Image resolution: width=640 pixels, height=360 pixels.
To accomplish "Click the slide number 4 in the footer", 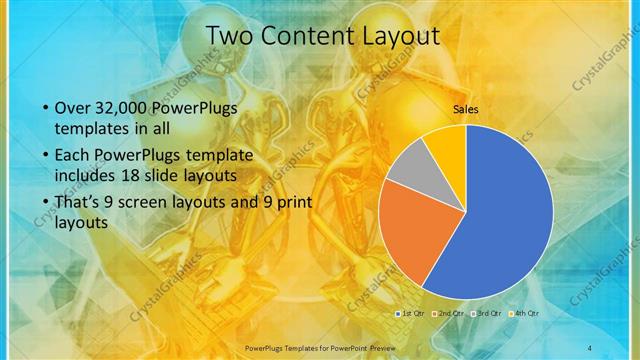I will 590,346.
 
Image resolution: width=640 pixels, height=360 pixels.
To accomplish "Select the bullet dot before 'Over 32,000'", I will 45,108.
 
